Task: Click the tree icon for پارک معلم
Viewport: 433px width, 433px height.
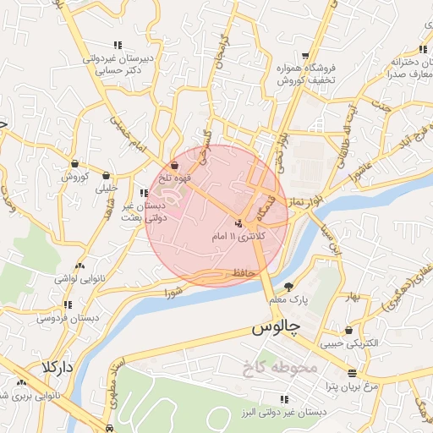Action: click(290, 288)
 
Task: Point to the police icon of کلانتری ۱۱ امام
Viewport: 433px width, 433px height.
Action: click(239, 224)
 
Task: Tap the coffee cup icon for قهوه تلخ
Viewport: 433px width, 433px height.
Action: click(175, 165)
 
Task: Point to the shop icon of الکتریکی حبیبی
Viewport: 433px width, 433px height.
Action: click(348, 331)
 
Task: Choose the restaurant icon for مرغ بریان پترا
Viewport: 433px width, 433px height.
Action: click(353, 373)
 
